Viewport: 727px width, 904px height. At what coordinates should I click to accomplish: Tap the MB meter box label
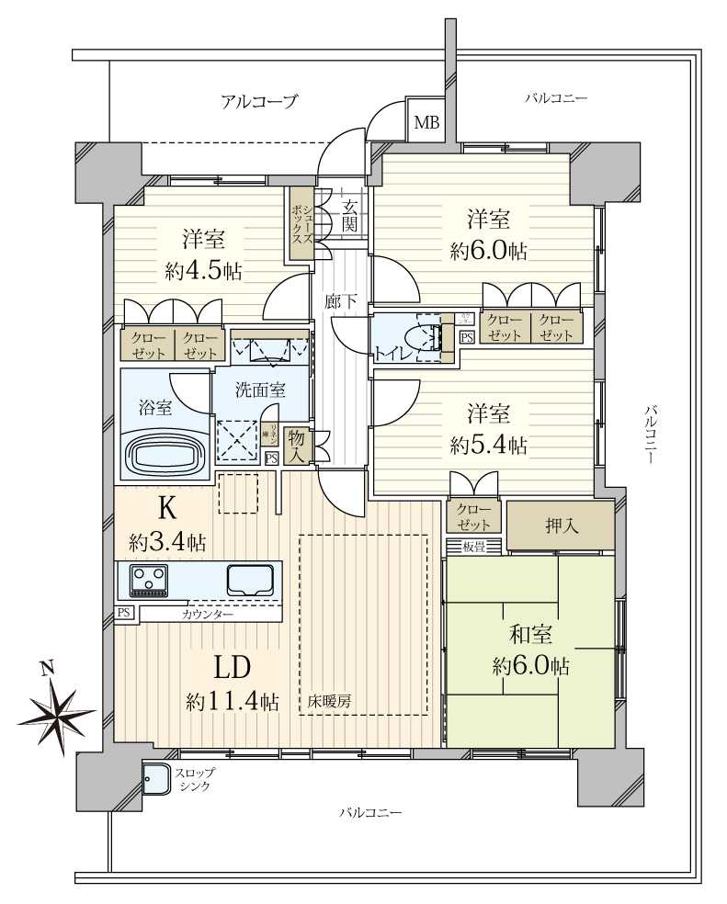point(426,122)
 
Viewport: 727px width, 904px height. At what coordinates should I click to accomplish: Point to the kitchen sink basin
point(250,581)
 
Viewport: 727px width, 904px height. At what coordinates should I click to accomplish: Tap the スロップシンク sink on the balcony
point(156,779)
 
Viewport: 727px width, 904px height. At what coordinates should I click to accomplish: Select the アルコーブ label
point(259,102)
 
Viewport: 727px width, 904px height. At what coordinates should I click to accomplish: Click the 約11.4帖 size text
point(233,702)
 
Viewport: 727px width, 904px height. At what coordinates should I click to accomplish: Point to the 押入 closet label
point(560,525)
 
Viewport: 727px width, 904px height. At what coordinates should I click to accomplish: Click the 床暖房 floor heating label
point(329,703)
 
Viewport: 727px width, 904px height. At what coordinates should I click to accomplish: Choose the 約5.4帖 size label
point(488,446)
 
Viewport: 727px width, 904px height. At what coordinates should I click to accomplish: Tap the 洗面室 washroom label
point(260,389)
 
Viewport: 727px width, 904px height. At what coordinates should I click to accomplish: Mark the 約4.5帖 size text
point(203,271)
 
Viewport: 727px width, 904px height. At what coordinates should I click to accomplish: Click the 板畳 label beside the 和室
point(473,548)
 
